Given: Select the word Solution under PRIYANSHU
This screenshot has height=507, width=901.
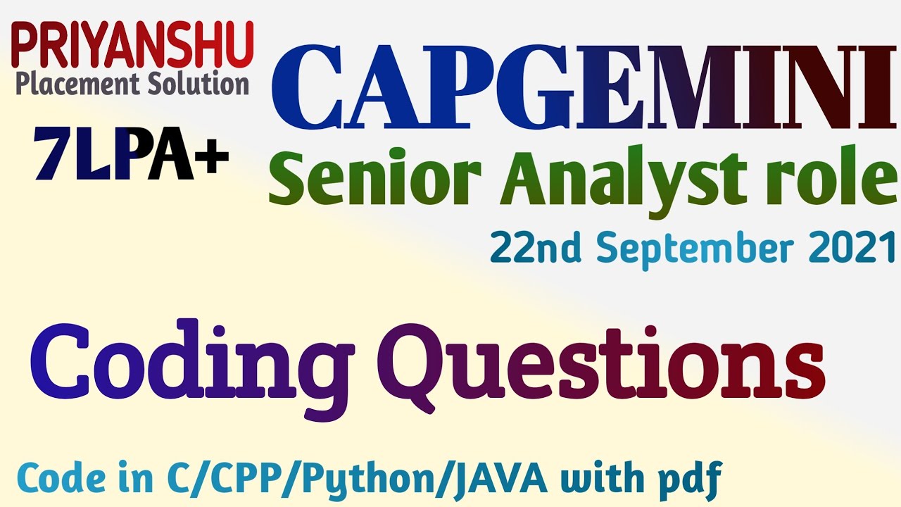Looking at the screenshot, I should coord(199,84).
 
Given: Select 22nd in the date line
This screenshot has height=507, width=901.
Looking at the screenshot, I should coord(536,247).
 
